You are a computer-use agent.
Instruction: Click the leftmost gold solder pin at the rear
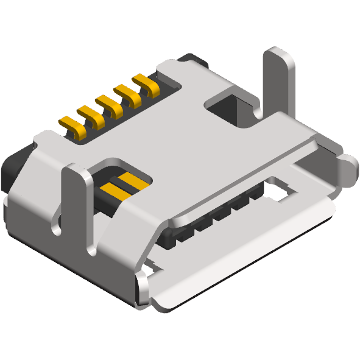pyautogui.click(x=71, y=126)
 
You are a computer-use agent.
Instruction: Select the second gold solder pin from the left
pyautogui.click(x=90, y=116)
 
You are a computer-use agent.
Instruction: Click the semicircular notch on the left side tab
pyautogui.click(x=57, y=229)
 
